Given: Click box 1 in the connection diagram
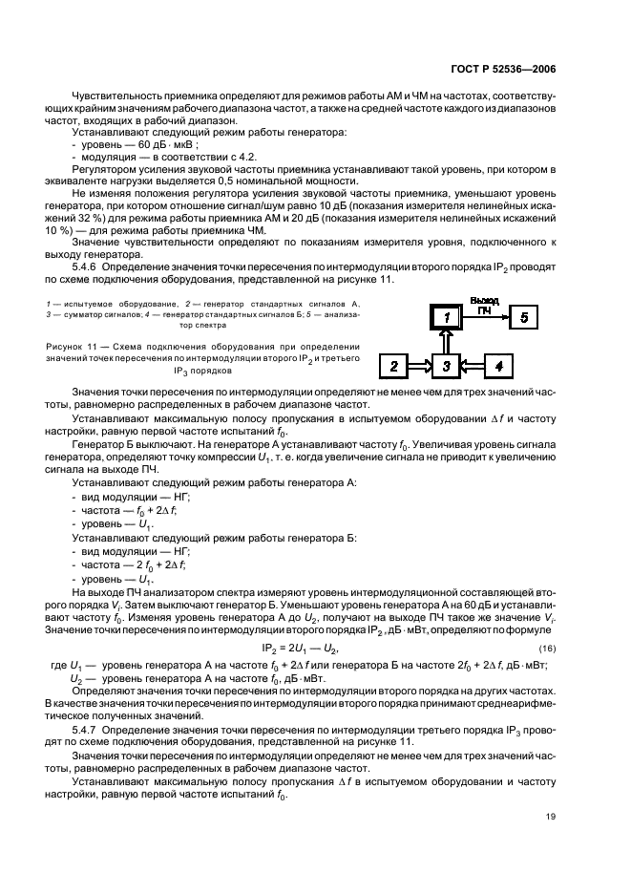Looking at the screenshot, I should click(444, 316).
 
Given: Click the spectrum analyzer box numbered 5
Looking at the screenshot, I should click(523, 316).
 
